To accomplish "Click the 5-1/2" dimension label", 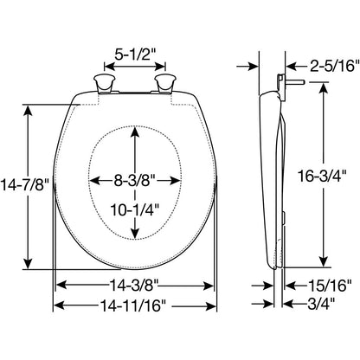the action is click(135, 54).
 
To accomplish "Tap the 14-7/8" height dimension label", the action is click(24, 184).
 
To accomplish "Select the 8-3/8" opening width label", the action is click(135, 181).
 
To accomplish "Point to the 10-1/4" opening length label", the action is click(135, 209).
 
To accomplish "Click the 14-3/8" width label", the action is click(134, 286).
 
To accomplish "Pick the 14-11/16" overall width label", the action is click(134, 305).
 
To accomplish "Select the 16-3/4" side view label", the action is click(322, 176).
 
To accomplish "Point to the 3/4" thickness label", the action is click(321, 304).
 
